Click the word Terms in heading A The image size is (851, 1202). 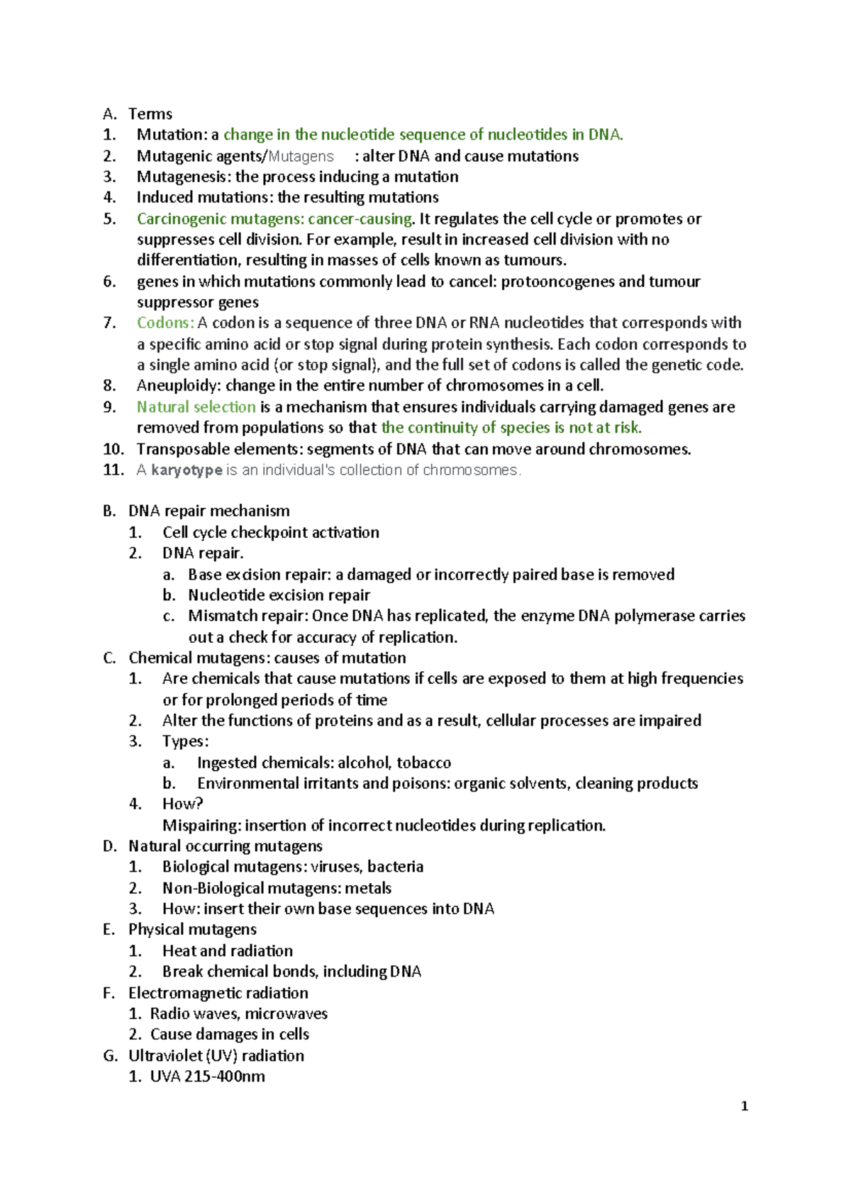[x=150, y=114]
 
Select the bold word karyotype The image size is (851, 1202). [x=187, y=470]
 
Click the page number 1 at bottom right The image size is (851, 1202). [x=744, y=1106]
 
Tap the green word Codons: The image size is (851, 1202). [x=165, y=323]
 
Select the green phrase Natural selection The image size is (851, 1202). [x=196, y=408]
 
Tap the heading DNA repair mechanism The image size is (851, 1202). [x=208, y=511]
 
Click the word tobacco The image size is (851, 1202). [x=423, y=763]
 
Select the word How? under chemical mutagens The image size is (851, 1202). [x=182, y=804]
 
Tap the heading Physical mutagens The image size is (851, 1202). [x=192, y=929]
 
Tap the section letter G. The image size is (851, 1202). [x=109, y=1056]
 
